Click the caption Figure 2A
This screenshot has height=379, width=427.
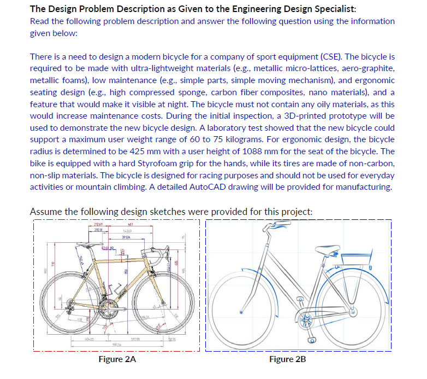(117, 359)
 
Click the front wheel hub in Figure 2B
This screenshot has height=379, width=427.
(241, 312)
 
